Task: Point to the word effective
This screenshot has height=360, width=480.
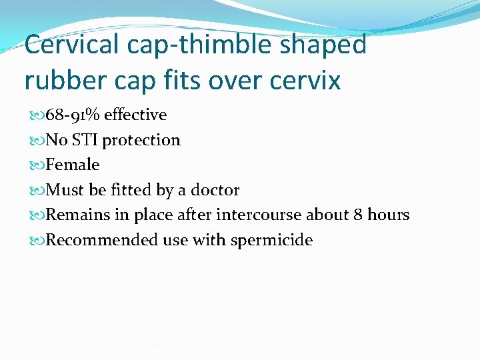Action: pyautogui.click(x=135, y=115)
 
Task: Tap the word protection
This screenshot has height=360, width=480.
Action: pyautogui.click(x=141, y=140)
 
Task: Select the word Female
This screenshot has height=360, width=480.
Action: pyautogui.click(x=73, y=165)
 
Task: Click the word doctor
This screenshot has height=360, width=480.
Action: pyautogui.click(x=215, y=190)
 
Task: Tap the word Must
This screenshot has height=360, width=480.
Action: pyautogui.click(x=65, y=190)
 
